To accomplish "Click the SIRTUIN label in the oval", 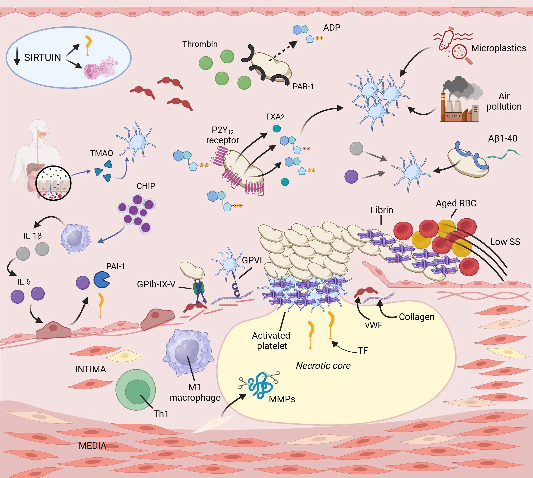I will tap(42, 57).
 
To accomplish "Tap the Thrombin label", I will tap(200, 44).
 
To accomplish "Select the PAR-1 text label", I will tap(303, 86).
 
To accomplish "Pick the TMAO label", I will tap(102, 153).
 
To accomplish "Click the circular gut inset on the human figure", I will tap(53, 183).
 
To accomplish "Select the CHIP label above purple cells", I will tap(146, 186).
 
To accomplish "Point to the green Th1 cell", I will tap(136, 390).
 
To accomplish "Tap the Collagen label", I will tap(416, 317).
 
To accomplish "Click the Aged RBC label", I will tap(456, 203).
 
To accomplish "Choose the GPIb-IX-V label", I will tap(156, 284).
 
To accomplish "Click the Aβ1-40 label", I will tap(503, 138).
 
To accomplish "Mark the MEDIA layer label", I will tap(93, 446).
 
